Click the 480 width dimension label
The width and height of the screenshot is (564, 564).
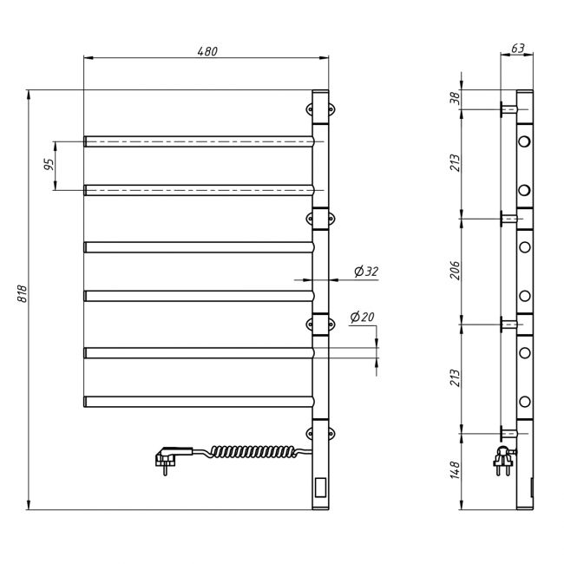click(207, 51)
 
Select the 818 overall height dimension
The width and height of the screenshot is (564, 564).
click(23, 294)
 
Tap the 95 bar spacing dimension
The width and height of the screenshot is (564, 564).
click(49, 164)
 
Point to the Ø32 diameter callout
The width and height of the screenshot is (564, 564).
click(366, 272)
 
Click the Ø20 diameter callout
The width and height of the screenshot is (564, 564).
click(362, 318)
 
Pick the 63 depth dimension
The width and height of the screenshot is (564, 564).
click(518, 49)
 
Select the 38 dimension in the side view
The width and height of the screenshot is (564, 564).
click(455, 98)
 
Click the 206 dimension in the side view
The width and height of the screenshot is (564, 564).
click(455, 271)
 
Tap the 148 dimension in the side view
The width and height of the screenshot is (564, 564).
click(455, 469)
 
